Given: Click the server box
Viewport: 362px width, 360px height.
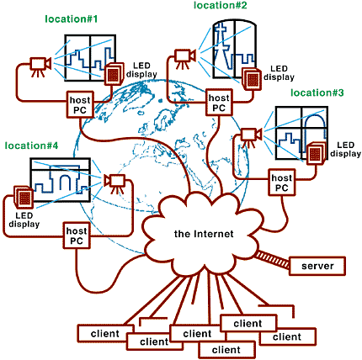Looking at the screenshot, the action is (x=317, y=266).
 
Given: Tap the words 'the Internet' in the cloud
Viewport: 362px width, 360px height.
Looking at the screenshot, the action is (x=204, y=234).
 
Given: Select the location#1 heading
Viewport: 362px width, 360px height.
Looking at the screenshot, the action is (x=72, y=19).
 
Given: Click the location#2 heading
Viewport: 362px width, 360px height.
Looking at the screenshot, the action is (x=221, y=5).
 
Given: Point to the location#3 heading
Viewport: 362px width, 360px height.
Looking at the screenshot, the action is (x=317, y=93).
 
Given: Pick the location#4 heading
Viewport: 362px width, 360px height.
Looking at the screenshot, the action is (x=31, y=146).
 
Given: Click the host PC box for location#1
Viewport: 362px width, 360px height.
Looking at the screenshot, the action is (x=80, y=105).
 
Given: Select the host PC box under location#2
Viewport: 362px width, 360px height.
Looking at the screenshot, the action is (x=219, y=103).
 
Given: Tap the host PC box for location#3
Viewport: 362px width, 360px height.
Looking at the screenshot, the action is (x=282, y=183).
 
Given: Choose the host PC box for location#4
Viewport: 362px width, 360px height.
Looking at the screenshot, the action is (x=77, y=236).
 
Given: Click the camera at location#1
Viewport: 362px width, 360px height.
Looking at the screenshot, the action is (x=40, y=66).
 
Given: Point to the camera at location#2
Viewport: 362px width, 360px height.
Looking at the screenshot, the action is (x=184, y=57).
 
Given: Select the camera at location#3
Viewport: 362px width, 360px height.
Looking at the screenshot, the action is (x=251, y=136).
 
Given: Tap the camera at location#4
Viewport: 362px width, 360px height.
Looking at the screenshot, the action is (x=114, y=183).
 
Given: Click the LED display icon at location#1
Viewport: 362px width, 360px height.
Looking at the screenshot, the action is (x=114, y=73).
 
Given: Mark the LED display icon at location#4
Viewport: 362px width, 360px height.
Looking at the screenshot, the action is (x=24, y=197).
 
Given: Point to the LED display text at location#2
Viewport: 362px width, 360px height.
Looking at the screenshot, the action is (x=279, y=73).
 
